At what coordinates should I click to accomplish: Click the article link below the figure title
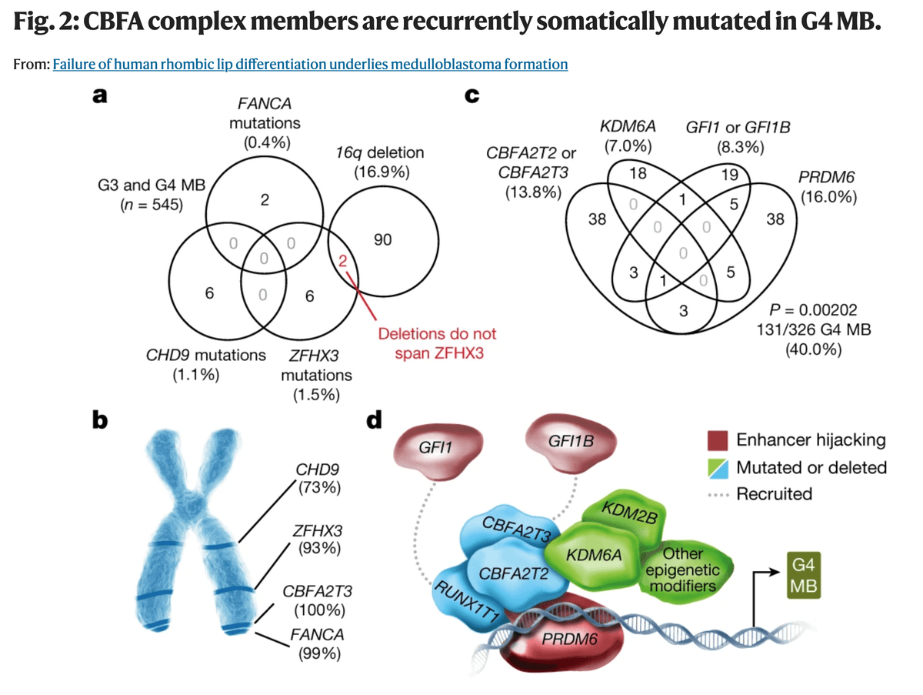(310, 64)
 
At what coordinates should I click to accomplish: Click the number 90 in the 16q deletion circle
(382, 240)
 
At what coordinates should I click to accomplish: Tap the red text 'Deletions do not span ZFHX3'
(438, 343)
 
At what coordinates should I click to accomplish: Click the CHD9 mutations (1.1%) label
(205, 365)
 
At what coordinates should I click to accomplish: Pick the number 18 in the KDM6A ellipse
(637, 172)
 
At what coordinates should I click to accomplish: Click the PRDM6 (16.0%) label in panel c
(827, 186)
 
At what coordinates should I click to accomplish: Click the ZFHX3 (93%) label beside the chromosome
(317, 540)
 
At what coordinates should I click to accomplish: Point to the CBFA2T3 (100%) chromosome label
(318, 601)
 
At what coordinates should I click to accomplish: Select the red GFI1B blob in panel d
(570, 442)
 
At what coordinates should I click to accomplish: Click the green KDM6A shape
(593, 553)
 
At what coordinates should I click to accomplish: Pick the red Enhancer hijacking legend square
(717, 440)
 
